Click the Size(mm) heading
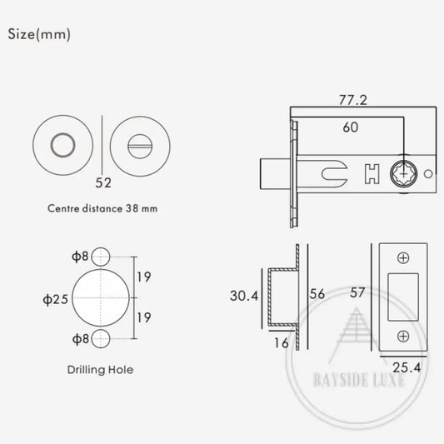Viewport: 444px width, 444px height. pos(39,34)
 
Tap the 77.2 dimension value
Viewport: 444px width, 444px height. pos(353,100)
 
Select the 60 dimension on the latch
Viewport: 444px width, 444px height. pos(351,127)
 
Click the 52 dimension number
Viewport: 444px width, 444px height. pos(103,182)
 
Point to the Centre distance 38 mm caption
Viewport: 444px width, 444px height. pos(102,209)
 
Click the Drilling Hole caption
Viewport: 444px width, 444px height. pos(100,370)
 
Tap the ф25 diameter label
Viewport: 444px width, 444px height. pos(56,299)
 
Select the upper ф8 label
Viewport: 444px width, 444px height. pos(80,257)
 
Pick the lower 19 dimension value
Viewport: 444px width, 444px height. pos(144,317)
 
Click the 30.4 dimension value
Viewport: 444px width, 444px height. pos(244,296)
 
